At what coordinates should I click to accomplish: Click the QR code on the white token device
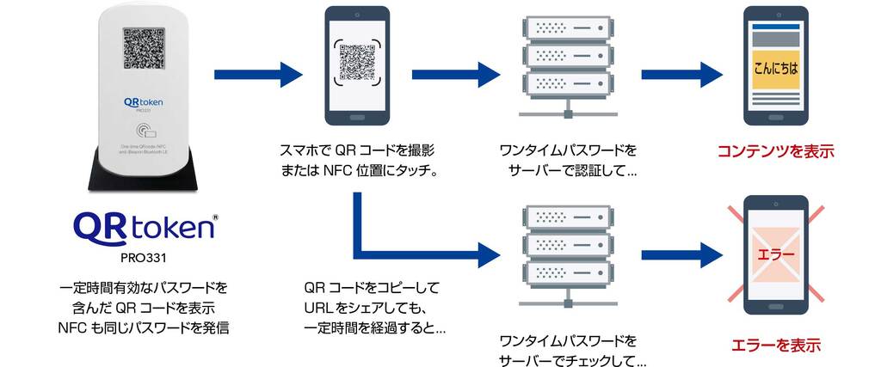pyautogui.click(x=143, y=48)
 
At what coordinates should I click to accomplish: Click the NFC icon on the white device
pyautogui.click(x=143, y=131)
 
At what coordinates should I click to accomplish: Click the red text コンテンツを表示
pyautogui.click(x=776, y=152)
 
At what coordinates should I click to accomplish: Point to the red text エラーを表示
pyautogui.click(x=776, y=346)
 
